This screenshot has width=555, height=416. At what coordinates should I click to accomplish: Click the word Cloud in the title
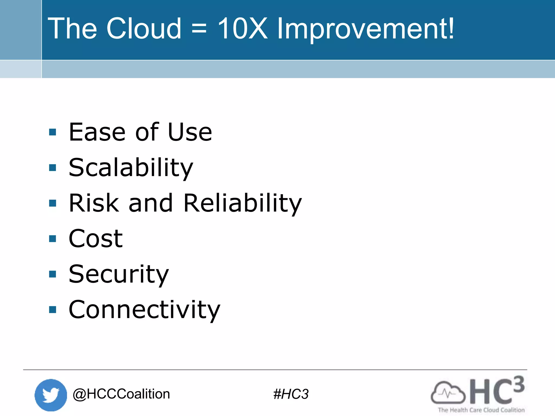(x=144, y=28)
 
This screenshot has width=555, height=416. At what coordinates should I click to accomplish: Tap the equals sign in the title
(x=199, y=29)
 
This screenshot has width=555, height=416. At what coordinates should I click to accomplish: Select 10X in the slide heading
(x=243, y=28)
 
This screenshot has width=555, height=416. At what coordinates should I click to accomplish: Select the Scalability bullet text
(x=131, y=168)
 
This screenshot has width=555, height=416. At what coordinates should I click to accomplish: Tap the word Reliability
(x=243, y=203)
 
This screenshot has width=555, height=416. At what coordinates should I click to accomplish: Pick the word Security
(x=119, y=275)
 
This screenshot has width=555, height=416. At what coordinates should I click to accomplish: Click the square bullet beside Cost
(x=53, y=239)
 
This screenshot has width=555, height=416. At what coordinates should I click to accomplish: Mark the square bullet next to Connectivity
(x=53, y=310)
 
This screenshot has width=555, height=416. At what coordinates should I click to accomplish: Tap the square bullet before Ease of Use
(x=53, y=132)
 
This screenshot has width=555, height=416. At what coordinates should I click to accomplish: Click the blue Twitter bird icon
(x=51, y=395)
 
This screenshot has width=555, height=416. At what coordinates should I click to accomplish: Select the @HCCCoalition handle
(x=121, y=394)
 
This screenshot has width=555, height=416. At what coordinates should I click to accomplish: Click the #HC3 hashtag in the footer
(x=291, y=394)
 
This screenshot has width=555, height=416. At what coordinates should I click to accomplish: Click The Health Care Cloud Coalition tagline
(x=481, y=410)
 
